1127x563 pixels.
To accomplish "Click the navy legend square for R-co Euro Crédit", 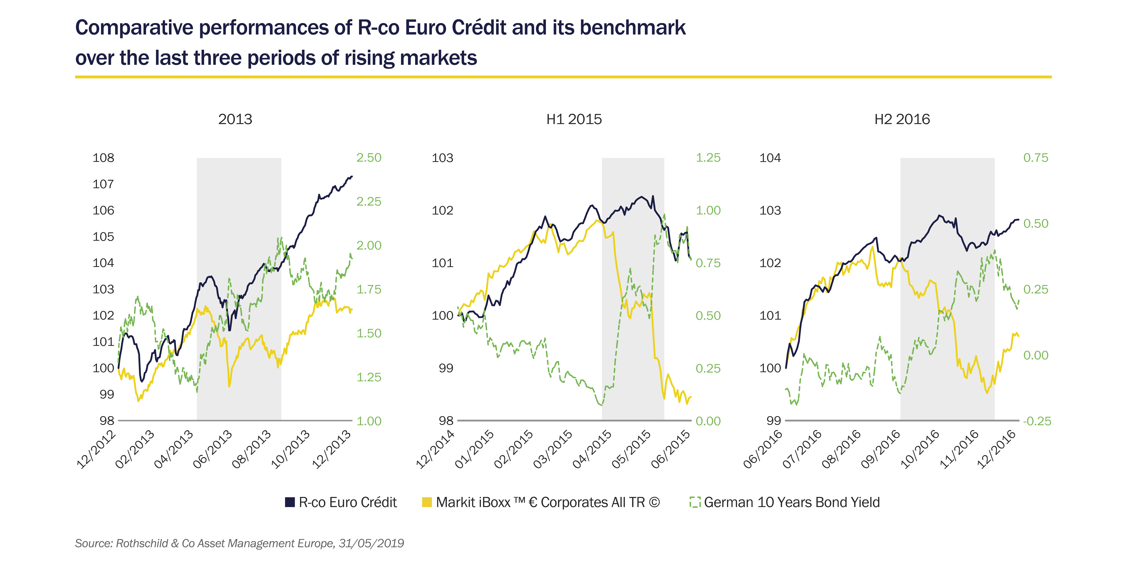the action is point(290,502).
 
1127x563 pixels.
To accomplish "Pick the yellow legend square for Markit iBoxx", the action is point(427,502).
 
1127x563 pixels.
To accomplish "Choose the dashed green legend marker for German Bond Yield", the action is point(695,502).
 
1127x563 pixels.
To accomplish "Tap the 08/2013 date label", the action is point(252,449).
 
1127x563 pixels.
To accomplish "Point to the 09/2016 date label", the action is point(880,449).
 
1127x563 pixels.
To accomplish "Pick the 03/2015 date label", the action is point(553,449).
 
